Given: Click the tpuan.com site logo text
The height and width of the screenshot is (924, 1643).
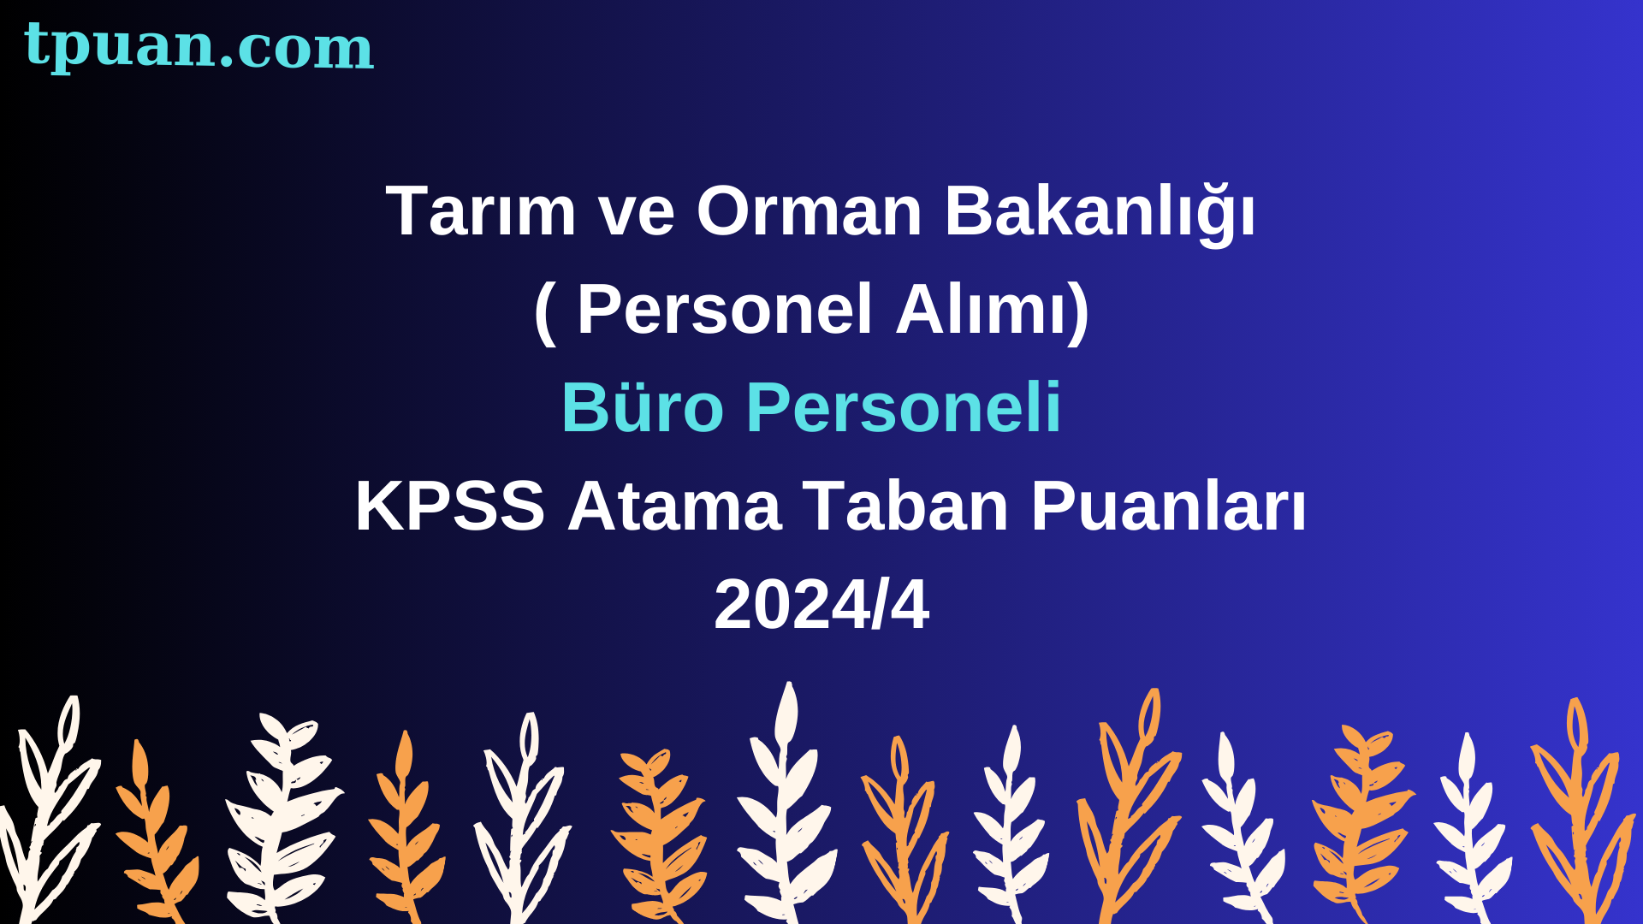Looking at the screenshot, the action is pyautogui.click(x=199, y=46).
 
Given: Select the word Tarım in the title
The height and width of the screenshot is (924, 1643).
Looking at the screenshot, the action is pyautogui.click(x=481, y=210).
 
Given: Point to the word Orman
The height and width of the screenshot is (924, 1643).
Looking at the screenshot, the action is pyautogui.click(x=810, y=210).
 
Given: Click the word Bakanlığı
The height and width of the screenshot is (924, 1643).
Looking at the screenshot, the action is pyautogui.click(x=1100, y=212).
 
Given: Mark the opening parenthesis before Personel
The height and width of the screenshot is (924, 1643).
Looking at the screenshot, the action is pyautogui.click(x=545, y=311).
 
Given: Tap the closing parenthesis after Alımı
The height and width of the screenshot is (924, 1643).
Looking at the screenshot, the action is pyautogui.click(x=1078, y=311).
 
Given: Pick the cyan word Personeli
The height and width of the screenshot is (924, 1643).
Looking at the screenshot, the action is pyautogui.click(x=904, y=407).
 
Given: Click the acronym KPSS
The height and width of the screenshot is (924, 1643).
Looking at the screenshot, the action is pyautogui.click(x=450, y=506).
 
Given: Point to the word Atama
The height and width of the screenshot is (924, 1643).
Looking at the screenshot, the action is pyautogui.click(x=674, y=506).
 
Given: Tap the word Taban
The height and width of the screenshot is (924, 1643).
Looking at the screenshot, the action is pyautogui.click(x=906, y=506).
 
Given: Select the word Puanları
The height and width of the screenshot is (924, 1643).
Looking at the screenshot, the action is pyautogui.click(x=1169, y=506).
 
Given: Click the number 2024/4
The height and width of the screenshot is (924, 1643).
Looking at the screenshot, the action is pyautogui.click(x=821, y=604).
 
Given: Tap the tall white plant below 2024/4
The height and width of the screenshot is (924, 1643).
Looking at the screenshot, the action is pyautogui.click(x=786, y=804).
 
